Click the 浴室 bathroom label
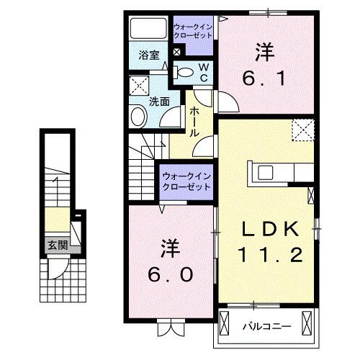pos(149,54)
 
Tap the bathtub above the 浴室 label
pos(149,30)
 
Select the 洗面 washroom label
pos(159,102)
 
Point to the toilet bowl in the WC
pos(185,71)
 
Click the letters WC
pos(203,71)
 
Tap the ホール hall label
pos(195,122)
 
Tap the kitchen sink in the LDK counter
pos(264,173)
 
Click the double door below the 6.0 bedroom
pos(170,329)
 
